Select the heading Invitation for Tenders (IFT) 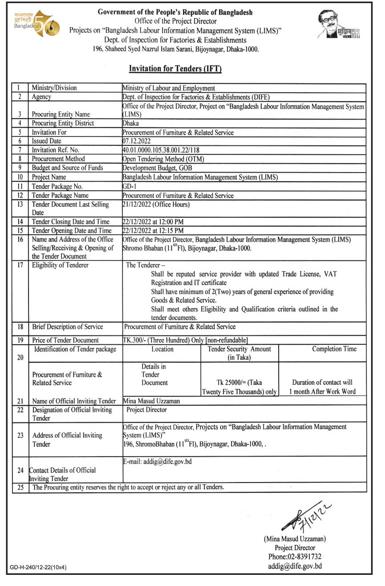pos(175,69)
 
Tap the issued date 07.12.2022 pos(136,141)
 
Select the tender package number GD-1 pos(127,186)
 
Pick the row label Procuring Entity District pos(63,123)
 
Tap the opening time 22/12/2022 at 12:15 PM pos(153,231)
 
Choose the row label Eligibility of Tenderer pos(61,265)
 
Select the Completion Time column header pos(334,349)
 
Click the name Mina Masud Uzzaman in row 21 pos(151,401)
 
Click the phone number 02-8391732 pos(294,556)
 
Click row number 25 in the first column pos(20,487)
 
